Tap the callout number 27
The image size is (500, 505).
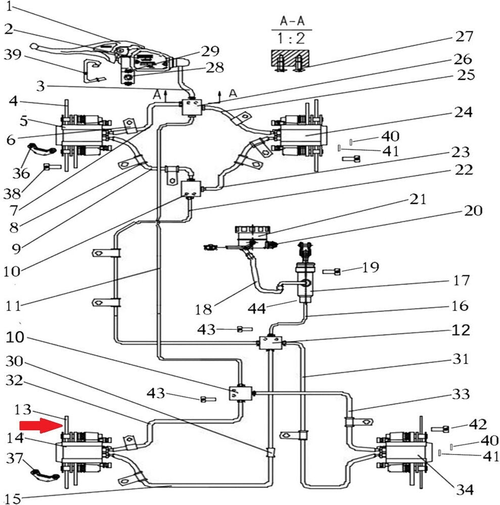click(464, 37)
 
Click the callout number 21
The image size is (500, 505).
click(417, 199)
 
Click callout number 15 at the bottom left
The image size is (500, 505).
click(13, 498)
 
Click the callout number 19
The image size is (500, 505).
click(370, 267)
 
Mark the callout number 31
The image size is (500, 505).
click(459, 360)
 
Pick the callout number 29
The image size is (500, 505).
click(210, 51)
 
